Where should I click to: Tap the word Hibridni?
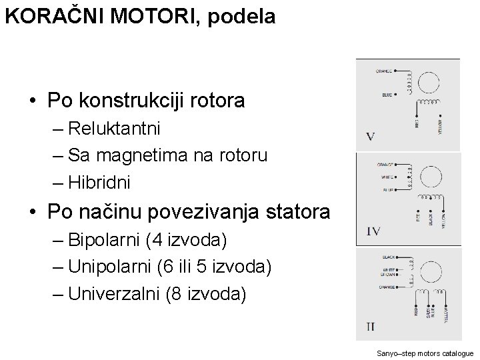[x=99, y=181]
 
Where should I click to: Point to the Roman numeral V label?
[x=371, y=137]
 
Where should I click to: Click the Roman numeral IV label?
[x=373, y=231]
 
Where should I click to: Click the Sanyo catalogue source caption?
[x=425, y=353]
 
